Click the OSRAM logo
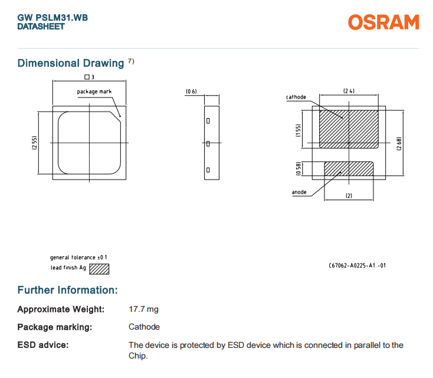383,22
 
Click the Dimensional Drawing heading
71,63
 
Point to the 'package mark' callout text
94,92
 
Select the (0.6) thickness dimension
191,92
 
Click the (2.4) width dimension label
349,91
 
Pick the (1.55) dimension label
299,129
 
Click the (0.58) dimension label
299,168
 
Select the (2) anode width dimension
349,195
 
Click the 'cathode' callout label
296,97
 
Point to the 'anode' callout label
299,193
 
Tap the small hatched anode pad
349,168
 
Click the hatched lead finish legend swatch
99,269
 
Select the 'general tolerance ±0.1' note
78,258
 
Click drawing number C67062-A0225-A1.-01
357,265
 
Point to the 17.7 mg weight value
143,309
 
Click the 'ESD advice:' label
42,344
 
